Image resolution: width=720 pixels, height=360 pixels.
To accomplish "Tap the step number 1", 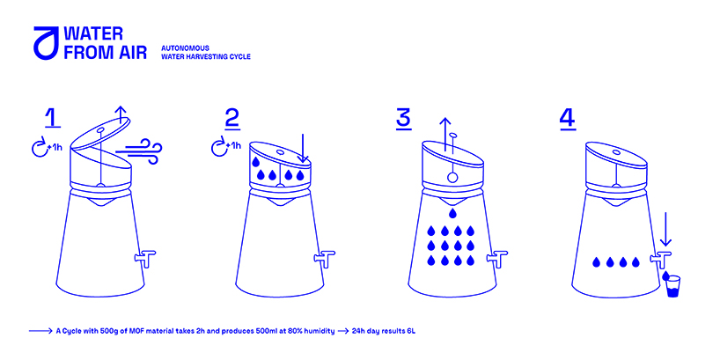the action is point(52,118).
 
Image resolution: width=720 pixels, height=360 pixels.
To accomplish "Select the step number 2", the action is point(232,118).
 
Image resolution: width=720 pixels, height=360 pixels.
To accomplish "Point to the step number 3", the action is point(403,118).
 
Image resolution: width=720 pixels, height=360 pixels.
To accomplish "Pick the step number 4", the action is point(568,118).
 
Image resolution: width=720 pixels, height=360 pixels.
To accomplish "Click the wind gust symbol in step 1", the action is point(139,147).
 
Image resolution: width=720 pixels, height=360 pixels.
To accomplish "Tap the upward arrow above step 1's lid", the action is point(121,114).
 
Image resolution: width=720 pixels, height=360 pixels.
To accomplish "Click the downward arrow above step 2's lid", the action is point(303,148).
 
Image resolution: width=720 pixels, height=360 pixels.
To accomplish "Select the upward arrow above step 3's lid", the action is point(444,134).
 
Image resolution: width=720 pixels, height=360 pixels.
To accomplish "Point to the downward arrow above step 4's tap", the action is point(667,229).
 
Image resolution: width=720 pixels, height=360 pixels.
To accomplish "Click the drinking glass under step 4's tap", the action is point(672,287).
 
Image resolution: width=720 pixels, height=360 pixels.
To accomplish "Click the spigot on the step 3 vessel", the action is point(496,259).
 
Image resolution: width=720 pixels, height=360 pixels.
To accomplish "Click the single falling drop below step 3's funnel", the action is point(452,212).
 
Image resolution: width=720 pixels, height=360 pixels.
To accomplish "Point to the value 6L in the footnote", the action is point(410,331).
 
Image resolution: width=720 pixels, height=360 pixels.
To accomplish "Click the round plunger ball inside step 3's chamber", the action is point(452,178).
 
